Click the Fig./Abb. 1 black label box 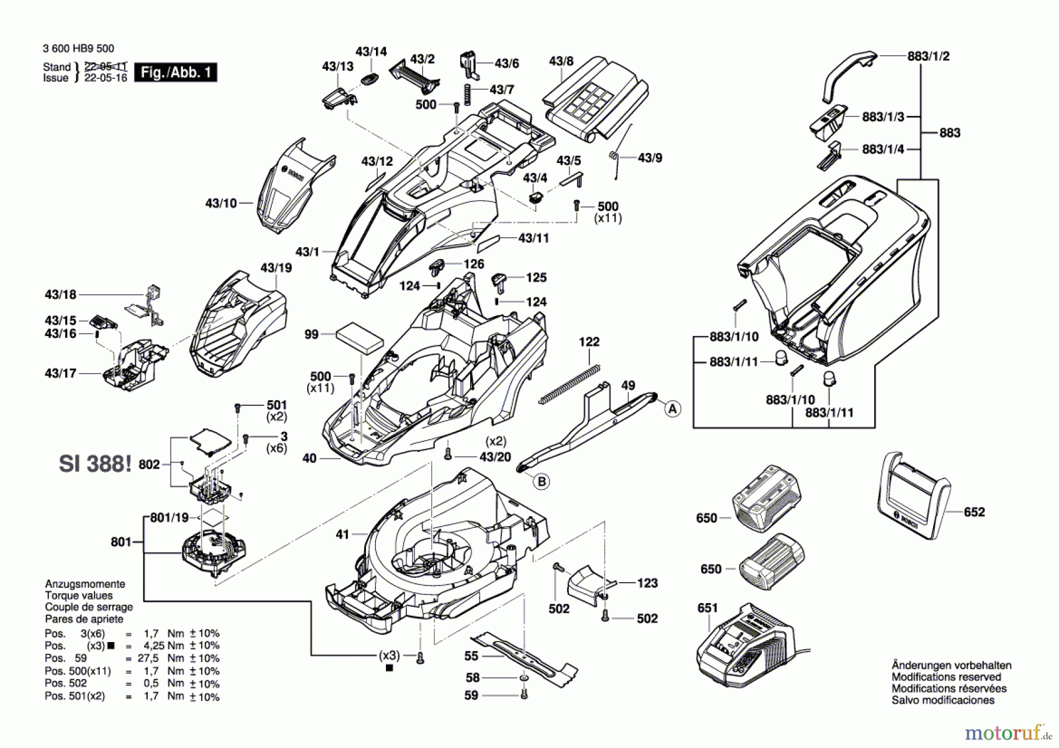point(175,72)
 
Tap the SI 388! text point(95,464)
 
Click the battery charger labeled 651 point(744,647)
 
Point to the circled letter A point(673,409)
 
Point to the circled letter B point(541,481)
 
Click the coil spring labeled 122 point(570,384)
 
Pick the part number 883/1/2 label point(928,56)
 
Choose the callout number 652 point(974,512)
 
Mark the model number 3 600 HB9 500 point(78,49)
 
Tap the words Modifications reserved point(946,677)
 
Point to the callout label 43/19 point(276,268)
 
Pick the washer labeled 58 point(523,679)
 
